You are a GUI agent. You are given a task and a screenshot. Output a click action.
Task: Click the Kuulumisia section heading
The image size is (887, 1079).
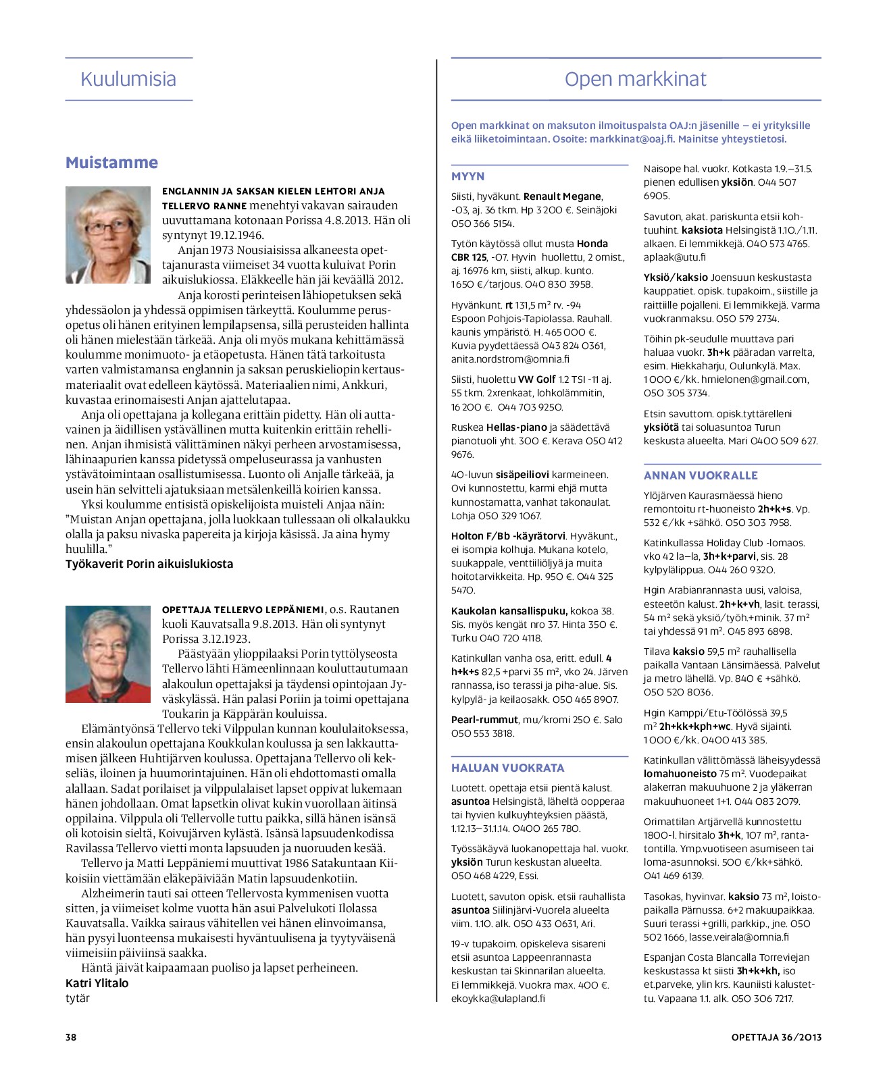point(128,79)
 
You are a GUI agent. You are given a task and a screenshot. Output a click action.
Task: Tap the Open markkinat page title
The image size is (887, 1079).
point(635,79)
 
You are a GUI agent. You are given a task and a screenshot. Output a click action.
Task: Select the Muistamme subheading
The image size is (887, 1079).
point(111,163)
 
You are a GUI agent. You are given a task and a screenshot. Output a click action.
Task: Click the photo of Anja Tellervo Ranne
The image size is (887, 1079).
point(108,235)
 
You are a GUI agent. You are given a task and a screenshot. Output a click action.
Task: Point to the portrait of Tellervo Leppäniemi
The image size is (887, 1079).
point(108,654)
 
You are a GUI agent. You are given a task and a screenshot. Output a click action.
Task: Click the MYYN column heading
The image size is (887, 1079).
point(468,176)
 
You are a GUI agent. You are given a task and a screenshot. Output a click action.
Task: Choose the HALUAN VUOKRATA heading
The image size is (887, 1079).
point(507,768)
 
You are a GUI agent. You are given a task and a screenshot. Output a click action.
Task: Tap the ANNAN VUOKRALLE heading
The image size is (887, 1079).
point(701,475)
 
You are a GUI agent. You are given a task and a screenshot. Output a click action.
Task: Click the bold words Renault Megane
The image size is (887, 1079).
point(562,196)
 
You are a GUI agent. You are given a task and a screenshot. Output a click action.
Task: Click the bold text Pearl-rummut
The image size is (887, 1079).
point(484,720)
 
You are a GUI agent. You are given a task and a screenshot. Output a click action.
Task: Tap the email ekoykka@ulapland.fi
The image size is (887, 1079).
point(498,998)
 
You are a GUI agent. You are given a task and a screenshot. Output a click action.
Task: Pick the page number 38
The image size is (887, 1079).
point(71,1037)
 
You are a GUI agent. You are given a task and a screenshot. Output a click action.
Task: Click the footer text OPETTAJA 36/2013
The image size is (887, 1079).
point(776,1037)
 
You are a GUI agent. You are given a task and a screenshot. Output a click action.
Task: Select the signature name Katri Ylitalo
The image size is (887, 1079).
point(97,983)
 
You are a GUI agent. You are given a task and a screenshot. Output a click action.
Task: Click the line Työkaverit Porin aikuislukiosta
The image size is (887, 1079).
point(149,564)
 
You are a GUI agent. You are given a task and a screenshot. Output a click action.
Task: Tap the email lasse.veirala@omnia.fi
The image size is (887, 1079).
point(738,937)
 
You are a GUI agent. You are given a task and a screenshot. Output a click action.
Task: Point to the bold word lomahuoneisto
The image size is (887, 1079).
point(680,774)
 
